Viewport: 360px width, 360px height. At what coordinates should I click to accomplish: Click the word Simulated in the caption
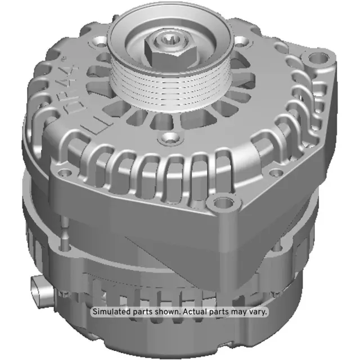click(112, 312)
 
